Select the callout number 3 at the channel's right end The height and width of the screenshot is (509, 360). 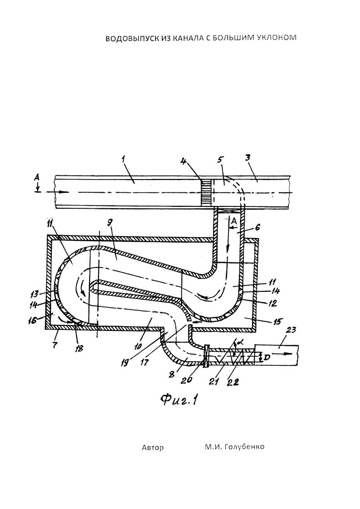click(x=256, y=160)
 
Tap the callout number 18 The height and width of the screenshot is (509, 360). click(x=79, y=348)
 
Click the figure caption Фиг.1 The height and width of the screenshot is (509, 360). click(x=179, y=399)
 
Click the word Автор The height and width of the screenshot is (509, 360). click(x=153, y=448)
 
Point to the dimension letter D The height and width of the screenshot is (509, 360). click(x=267, y=357)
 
